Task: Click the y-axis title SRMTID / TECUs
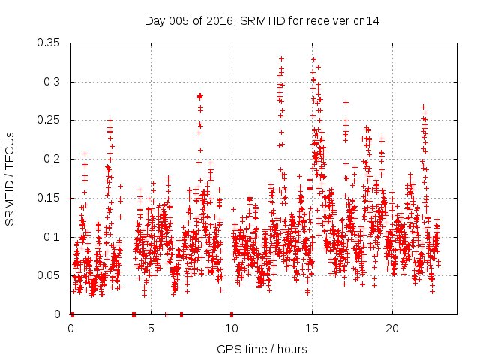pos(10,178)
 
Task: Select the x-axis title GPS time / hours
pos(262,349)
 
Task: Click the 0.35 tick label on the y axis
pos(50,43)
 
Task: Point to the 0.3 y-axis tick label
pos(54,82)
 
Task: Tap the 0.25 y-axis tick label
pos(50,120)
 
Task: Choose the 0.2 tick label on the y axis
pos(54,159)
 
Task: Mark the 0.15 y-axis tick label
pos(50,198)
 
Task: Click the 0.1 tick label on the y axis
pos(54,237)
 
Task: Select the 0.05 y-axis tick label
pos(50,275)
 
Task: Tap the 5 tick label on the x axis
pos(151,328)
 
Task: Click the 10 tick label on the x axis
pos(232,328)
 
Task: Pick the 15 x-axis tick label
pos(312,328)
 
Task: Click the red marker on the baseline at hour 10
pos(232,314)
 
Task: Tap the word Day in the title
pos(154,20)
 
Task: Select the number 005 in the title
pos(178,20)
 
